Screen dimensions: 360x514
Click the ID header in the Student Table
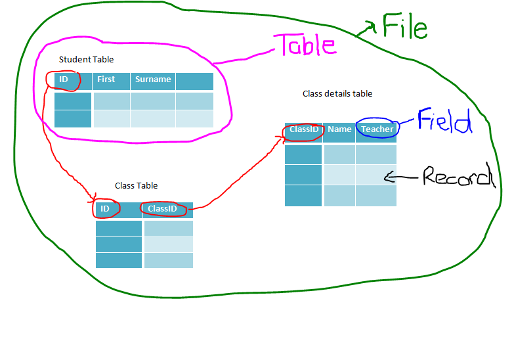click(x=64, y=79)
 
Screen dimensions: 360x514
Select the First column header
click(x=106, y=79)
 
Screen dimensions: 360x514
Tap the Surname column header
click(x=153, y=79)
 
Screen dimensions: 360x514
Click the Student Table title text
click(x=86, y=60)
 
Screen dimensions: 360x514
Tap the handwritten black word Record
click(x=457, y=176)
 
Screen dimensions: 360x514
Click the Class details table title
click(x=337, y=94)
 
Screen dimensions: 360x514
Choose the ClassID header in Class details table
click(x=304, y=129)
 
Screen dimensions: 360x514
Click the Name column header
click(x=339, y=129)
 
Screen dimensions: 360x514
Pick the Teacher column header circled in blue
click(x=377, y=129)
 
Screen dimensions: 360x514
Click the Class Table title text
click(x=136, y=186)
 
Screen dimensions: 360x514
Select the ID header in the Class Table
click(x=105, y=209)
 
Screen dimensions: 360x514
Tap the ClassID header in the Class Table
click(x=162, y=209)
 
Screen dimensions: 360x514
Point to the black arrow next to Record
click(x=402, y=176)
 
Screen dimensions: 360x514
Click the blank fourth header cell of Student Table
click(x=194, y=80)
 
